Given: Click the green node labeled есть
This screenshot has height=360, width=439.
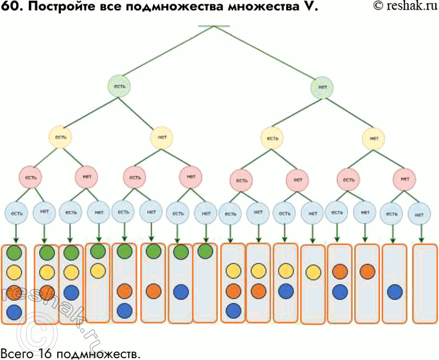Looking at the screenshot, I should (120, 86).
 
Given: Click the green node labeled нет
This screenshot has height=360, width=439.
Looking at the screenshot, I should (322, 87).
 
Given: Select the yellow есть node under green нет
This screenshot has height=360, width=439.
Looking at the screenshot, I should (272, 137).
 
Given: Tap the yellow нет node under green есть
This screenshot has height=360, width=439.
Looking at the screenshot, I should (162, 137).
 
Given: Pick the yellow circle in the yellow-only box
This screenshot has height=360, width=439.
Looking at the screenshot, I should (313, 272).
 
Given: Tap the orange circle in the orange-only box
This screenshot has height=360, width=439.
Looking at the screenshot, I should (367, 271).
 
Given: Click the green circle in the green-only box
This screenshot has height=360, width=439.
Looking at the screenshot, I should (205, 252).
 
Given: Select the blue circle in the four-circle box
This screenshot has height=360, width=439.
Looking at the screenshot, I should (13, 313).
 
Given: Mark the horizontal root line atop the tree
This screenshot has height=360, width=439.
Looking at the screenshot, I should (214, 26).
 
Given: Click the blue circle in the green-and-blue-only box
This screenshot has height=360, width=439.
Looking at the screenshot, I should (180, 291).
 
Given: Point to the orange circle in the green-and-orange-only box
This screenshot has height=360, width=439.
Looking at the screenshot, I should (153, 291).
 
